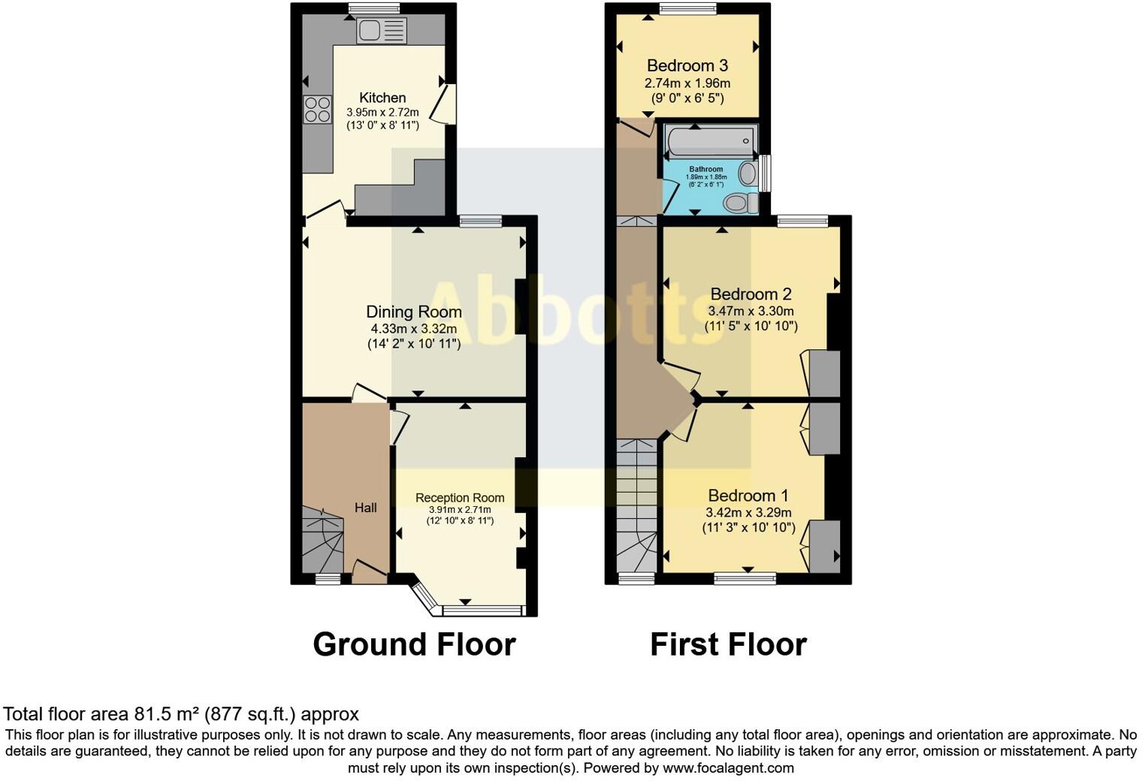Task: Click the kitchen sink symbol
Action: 381,31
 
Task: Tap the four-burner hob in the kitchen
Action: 318,110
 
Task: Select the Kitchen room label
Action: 382,98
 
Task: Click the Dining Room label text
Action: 414,312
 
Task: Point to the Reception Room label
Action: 460,498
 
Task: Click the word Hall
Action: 366,508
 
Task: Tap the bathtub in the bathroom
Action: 710,141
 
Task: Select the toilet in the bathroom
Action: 738,202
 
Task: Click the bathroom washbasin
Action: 748,173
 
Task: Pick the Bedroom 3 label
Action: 687,65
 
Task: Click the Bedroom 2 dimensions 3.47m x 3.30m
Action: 751,311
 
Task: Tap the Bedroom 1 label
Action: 748,496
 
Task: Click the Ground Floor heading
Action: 414,644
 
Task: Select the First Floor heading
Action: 728,644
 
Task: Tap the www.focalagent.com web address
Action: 728,768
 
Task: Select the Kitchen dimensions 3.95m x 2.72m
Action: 382,113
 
